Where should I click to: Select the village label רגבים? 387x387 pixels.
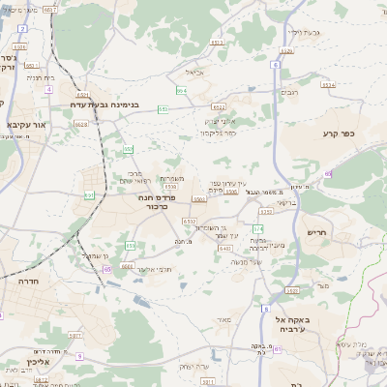point(288,93)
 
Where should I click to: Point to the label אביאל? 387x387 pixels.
point(194,72)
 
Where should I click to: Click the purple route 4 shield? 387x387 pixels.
point(48,89)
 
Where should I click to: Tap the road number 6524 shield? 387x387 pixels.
point(328,85)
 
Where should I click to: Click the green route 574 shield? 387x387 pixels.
point(257,228)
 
